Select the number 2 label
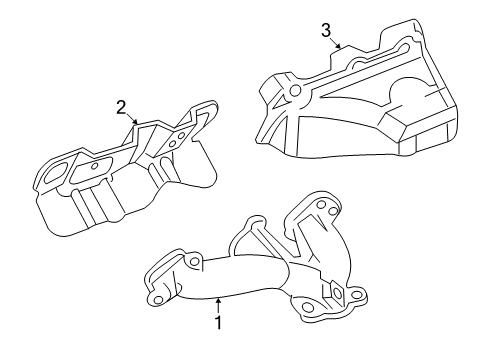point(121,106)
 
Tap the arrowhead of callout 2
point(138,125)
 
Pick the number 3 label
point(325,30)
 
